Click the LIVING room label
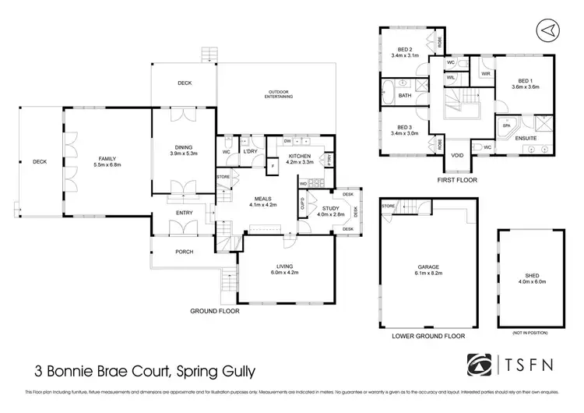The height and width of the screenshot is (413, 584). [x=285, y=267]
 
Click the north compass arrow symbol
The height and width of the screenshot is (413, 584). [x=549, y=29]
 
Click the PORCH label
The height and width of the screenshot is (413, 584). [x=184, y=252]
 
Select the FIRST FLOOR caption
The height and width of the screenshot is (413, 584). [x=458, y=180]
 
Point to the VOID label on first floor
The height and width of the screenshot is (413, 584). [x=457, y=155]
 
